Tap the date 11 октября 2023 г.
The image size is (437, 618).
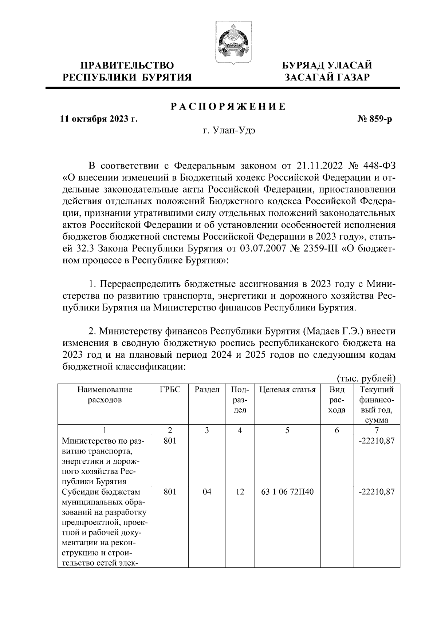pos(99,119)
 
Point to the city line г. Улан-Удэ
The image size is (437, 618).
pos(229,131)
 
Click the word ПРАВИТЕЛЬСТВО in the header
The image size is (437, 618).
pos(127,66)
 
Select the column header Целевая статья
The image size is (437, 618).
pos(287,390)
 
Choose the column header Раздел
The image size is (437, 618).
pos(207,390)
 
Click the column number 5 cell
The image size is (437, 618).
pos(287,430)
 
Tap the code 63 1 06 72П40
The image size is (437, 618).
pos(288,492)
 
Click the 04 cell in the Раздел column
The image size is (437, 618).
pos(207,492)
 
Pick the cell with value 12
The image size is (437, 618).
pos(240,492)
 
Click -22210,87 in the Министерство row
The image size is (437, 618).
pos(377,441)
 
